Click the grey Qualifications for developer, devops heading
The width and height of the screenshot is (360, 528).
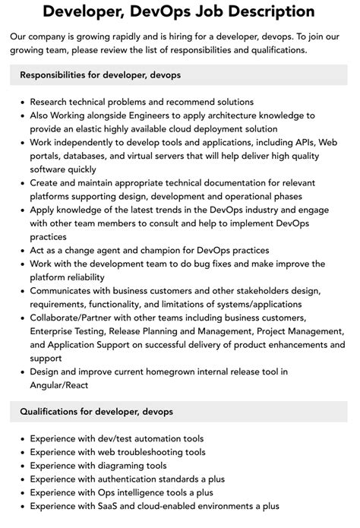[96, 411]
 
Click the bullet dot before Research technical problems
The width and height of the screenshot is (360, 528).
[21, 101]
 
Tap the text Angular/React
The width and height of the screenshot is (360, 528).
[60, 385]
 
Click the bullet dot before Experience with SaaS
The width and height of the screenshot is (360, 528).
[21, 506]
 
